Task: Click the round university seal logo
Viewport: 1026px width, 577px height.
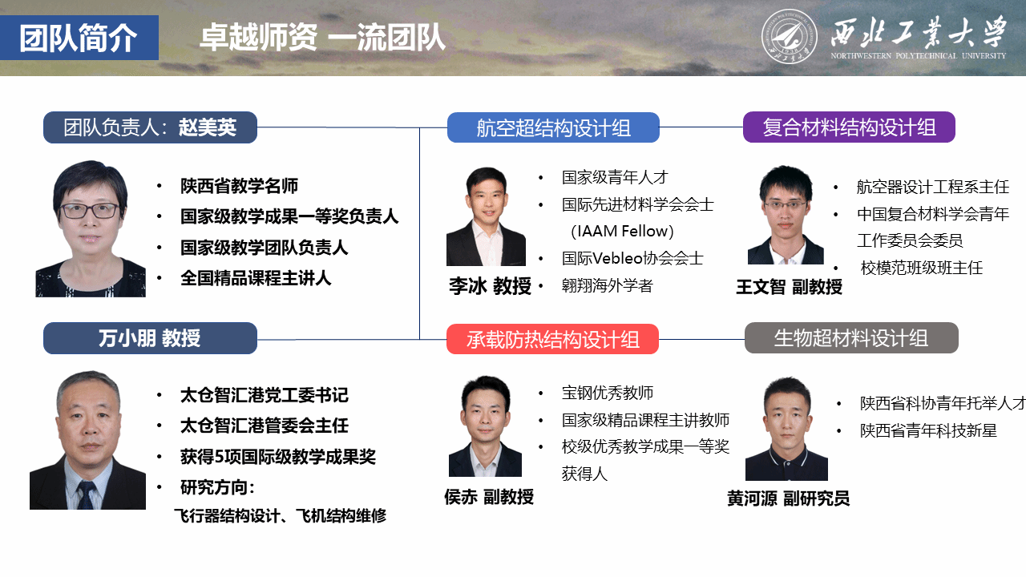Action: [x=789, y=36]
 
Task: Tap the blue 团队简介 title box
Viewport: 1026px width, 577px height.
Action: [x=79, y=38]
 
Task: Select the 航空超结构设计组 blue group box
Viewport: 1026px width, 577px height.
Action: [x=553, y=127]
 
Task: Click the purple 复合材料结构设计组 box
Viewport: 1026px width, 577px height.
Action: [x=849, y=127]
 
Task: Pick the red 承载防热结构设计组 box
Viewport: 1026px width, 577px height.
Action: [x=553, y=339]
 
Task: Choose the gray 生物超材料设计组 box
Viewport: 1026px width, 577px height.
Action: [x=851, y=338]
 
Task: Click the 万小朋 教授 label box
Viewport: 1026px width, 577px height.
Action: [x=150, y=338]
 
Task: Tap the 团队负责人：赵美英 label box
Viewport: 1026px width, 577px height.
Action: [x=150, y=127]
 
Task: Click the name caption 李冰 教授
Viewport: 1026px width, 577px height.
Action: [x=490, y=286]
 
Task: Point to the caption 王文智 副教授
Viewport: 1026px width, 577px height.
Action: [x=790, y=287]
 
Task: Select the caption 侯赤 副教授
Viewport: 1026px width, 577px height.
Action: [x=489, y=497]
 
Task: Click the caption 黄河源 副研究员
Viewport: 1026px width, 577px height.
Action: [x=788, y=498]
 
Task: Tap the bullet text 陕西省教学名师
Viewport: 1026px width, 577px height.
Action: [x=239, y=186]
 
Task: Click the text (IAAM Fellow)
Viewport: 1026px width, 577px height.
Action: [x=622, y=232]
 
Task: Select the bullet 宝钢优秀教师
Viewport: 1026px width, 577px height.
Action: [x=608, y=393]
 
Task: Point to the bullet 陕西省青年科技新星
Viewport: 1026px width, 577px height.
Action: [x=928, y=430]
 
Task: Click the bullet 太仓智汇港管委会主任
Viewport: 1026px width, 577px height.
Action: [x=265, y=426]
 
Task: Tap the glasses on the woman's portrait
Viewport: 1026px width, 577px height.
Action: [x=91, y=211]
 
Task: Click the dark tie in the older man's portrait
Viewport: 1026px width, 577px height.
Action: [x=86, y=495]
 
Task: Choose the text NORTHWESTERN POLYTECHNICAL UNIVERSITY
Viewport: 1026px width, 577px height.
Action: [x=919, y=56]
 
